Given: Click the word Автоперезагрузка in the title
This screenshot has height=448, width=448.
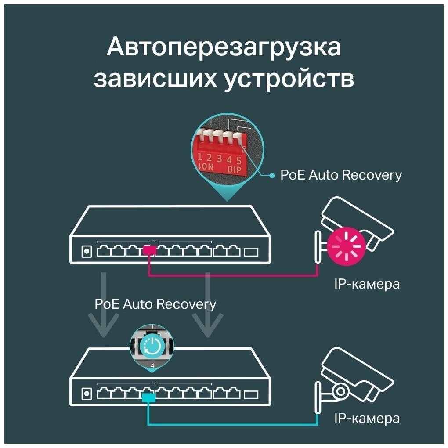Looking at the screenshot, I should (224, 47).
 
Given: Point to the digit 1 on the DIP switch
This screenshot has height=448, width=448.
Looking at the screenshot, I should (200, 157).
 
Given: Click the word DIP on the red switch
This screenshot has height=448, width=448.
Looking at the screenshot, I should (234, 169).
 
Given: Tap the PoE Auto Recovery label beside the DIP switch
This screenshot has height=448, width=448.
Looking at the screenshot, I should (341, 175).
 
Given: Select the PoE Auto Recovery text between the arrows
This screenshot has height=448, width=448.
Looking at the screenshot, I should (155, 304).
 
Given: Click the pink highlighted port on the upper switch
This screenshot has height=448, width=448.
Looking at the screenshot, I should (149, 251).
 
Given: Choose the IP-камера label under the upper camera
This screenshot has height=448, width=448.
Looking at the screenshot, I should (367, 284).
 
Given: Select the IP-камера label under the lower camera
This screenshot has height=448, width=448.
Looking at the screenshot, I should (367, 418).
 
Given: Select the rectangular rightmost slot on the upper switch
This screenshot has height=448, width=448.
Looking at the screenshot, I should (252, 252).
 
